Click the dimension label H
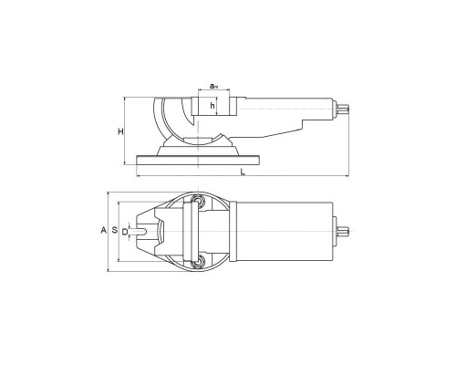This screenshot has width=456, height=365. tap(121, 131)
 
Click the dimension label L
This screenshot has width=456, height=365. tap(243, 172)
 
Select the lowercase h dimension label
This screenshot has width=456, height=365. tap(212, 106)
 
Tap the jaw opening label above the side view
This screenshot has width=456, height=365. tap(214, 86)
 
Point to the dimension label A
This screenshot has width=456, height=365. tap(104, 230)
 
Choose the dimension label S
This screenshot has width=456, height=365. tap(115, 230)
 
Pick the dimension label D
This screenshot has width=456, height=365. tap(125, 232)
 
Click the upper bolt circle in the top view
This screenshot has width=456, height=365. tap(198, 201)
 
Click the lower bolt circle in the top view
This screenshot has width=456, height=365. tap(198, 262)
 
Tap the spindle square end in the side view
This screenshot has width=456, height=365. tap(343, 109)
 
